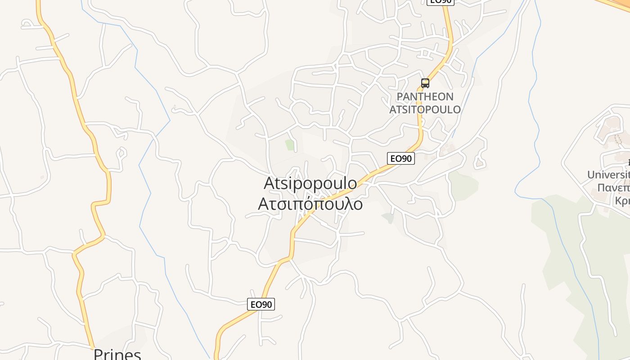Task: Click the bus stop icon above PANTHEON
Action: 425,83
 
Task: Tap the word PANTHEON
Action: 425,97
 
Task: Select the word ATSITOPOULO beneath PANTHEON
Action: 425,110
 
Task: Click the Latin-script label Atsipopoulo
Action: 310,183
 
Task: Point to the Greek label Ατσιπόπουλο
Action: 310,204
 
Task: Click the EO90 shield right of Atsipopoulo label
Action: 400,158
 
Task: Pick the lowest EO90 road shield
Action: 261,305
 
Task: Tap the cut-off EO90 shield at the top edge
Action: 441,2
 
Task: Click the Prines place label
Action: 117,354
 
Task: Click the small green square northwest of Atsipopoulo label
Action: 290,145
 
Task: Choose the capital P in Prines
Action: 99,355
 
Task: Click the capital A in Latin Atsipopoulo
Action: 270,183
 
